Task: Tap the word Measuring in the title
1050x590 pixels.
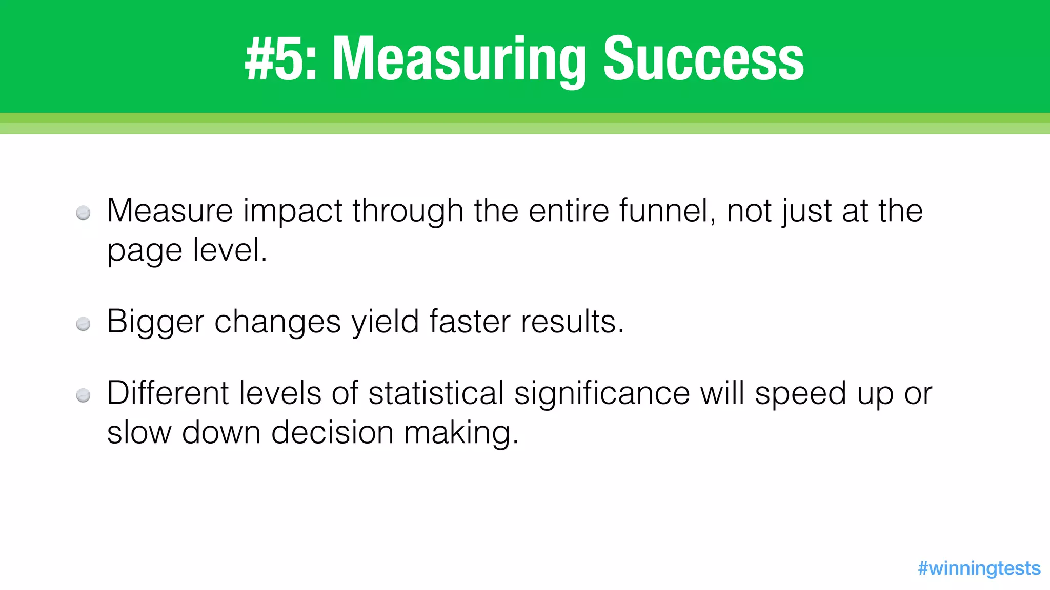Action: click(459, 59)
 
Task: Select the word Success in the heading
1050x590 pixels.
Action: click(703, 59)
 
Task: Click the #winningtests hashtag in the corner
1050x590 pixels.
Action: click(979, 568)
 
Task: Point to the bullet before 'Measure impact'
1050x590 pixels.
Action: click(83, 213)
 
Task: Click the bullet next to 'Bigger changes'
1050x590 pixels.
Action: click(83, 324)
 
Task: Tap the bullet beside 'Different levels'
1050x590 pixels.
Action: click(83, 395)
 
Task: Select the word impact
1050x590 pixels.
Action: click(292, 212)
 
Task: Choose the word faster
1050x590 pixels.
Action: click(470, 322)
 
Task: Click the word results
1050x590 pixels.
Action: click(572, 322)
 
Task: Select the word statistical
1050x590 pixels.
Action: click(436, 393)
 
